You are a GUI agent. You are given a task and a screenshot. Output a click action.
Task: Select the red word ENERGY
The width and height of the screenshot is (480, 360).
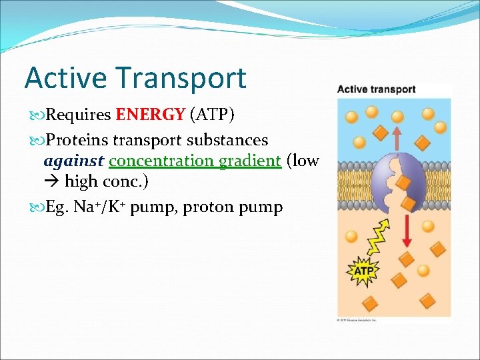pos(150,115)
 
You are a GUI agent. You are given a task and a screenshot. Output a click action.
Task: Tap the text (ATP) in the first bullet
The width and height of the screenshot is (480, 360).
pos(212,115)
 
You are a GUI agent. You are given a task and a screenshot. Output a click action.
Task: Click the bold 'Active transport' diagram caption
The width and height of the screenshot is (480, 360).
pos(376,89)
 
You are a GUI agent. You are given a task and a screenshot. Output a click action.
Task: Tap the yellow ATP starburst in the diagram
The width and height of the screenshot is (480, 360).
pos(363,271)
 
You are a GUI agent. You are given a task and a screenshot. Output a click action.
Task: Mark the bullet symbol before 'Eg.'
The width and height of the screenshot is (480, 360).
pos(34,207)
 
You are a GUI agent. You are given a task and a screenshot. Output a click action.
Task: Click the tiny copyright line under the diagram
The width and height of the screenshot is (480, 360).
pos(357,320)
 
